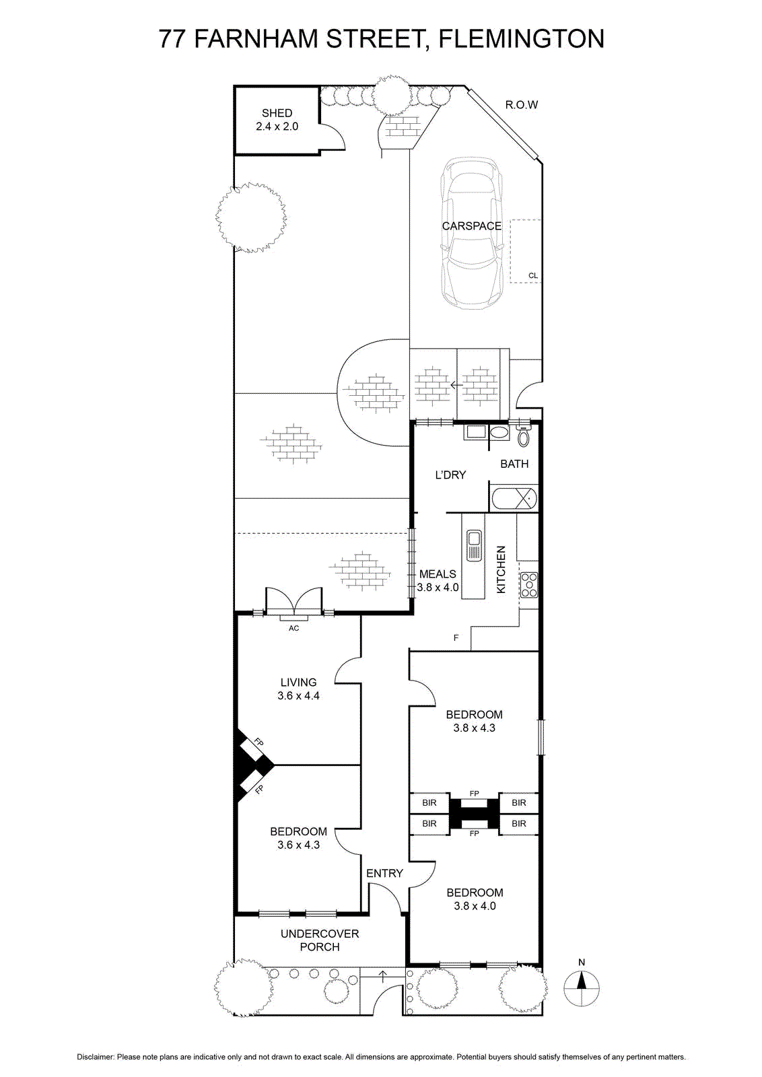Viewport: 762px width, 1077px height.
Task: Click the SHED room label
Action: (277, 120)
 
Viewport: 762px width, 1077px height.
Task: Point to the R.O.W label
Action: (521, 104)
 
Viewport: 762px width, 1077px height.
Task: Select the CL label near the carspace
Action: (532, 275)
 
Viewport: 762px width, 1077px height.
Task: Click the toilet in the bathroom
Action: (523, 434)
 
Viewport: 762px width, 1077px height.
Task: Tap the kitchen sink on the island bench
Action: (473, 545)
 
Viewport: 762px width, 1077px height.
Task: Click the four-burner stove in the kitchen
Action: (529, 585)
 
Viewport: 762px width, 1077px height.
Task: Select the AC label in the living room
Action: (293, 628)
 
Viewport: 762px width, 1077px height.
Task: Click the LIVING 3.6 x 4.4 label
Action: (299, 689)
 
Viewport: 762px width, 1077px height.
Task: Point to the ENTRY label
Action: (384, 873)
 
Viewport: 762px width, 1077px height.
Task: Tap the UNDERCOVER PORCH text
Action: (320, 940)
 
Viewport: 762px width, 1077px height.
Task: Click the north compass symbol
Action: (582, 988)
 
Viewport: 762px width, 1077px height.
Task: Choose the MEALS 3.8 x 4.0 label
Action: (438, 580)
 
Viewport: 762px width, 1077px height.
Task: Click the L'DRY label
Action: (450, 475)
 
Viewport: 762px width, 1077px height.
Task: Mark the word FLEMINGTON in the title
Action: (522, 39)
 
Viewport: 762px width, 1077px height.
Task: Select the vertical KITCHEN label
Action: (501, 569)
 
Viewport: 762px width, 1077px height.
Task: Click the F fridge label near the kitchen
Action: (456, 637)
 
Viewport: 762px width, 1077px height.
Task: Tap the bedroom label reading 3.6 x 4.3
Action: (299, 844)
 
